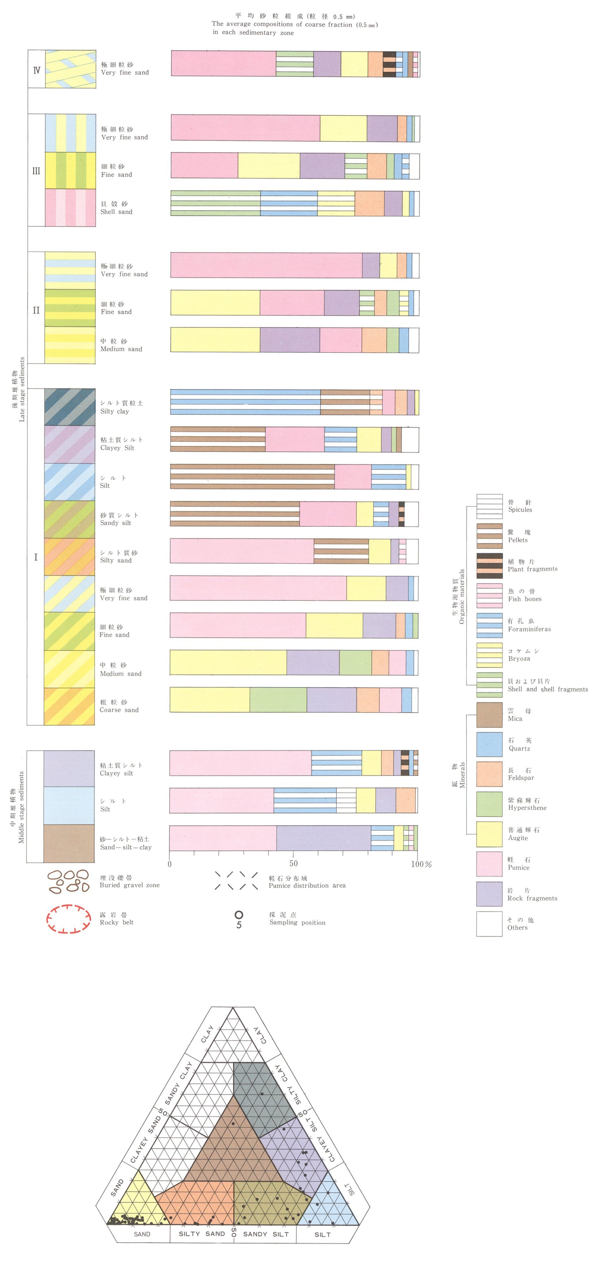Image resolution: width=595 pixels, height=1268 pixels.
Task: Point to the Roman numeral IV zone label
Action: coord(36,70)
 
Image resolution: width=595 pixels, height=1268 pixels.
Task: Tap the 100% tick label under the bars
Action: coord(421,864)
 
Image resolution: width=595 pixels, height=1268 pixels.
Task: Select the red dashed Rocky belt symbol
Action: coord(69,919)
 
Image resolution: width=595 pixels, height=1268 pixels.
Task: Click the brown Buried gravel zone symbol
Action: coord(69,881)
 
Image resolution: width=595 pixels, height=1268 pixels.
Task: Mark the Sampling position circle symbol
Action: coord(239,915)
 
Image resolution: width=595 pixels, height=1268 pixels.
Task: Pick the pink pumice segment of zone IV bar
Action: coord(223,63)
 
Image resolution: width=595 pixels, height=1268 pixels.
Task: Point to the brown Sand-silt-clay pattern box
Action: coord(69,843)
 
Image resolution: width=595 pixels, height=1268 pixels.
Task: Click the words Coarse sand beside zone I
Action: coord(119,710)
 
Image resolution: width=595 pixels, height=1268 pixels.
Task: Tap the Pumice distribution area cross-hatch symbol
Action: coord(236,880)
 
